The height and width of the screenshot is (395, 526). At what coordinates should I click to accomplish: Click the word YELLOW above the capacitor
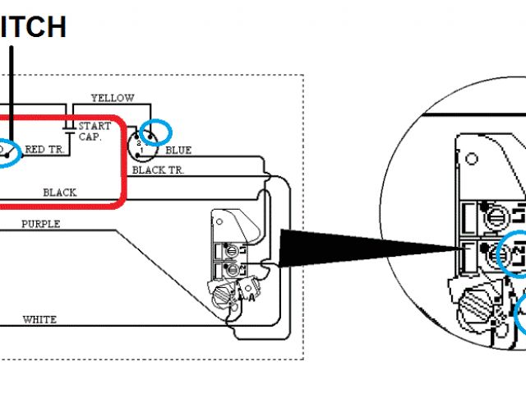(113, 98)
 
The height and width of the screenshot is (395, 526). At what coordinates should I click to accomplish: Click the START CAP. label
(95, 132)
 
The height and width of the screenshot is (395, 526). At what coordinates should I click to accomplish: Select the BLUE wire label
(178, 151)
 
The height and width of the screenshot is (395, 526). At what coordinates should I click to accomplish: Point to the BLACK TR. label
(159, 170)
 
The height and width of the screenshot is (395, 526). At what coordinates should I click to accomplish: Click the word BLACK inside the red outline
(60, 193)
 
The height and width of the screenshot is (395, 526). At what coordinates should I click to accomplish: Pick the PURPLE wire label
(40, 224)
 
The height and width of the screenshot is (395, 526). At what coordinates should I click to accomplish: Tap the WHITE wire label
(39, 319)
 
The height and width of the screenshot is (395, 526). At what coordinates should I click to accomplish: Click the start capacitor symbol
(70, 127)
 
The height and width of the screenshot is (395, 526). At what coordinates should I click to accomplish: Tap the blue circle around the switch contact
(7, 152)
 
